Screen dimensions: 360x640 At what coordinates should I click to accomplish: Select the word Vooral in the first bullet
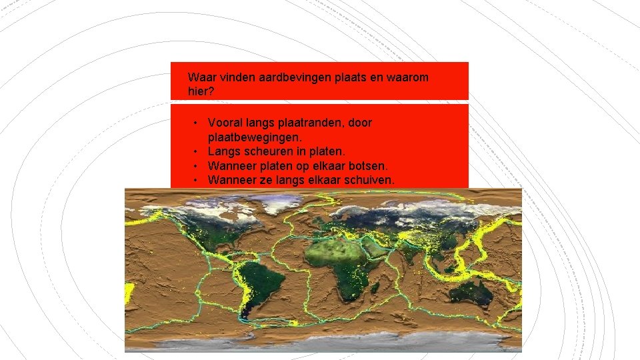pos(225,123)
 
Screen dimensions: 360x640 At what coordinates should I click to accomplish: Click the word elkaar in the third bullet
pos(331,165)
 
